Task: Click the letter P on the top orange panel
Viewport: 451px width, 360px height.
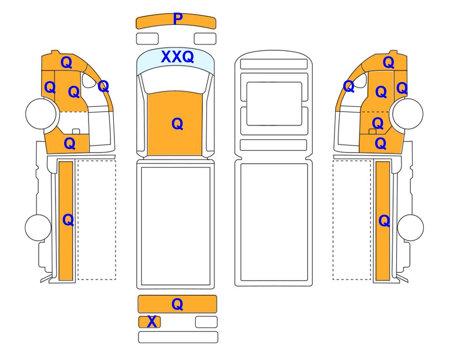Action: pos(178,19)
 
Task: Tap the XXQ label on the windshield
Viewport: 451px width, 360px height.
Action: pos(177,57)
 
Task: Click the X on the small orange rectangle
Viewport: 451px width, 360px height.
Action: pos(152,322)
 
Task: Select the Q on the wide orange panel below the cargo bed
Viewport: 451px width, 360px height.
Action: pos(177,304)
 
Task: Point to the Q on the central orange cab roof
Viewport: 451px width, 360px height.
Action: pos(177,124)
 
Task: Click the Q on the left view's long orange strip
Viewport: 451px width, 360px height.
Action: pos(68,220)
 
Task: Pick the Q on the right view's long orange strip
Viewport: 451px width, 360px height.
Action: pos(384,221)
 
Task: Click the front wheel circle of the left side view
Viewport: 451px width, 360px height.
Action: pos(41,114)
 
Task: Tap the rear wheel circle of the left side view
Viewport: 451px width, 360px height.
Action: pos(38,227)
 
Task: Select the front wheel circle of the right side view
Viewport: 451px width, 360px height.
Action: pos(408,114)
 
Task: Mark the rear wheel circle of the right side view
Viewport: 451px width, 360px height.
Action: pos(410,227)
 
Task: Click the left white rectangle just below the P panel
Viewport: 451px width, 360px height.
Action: pos(147,39)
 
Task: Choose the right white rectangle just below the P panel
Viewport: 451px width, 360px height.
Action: pos(205,39)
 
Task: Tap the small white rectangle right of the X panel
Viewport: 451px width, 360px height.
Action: pos(206,322)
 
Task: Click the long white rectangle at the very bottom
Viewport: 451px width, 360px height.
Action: pos(178,337)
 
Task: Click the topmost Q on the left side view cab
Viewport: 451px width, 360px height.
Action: pos(67,62)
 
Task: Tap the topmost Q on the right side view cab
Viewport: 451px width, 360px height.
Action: pos(389,62)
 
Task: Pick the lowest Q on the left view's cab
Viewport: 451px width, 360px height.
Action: pos(70,143)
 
